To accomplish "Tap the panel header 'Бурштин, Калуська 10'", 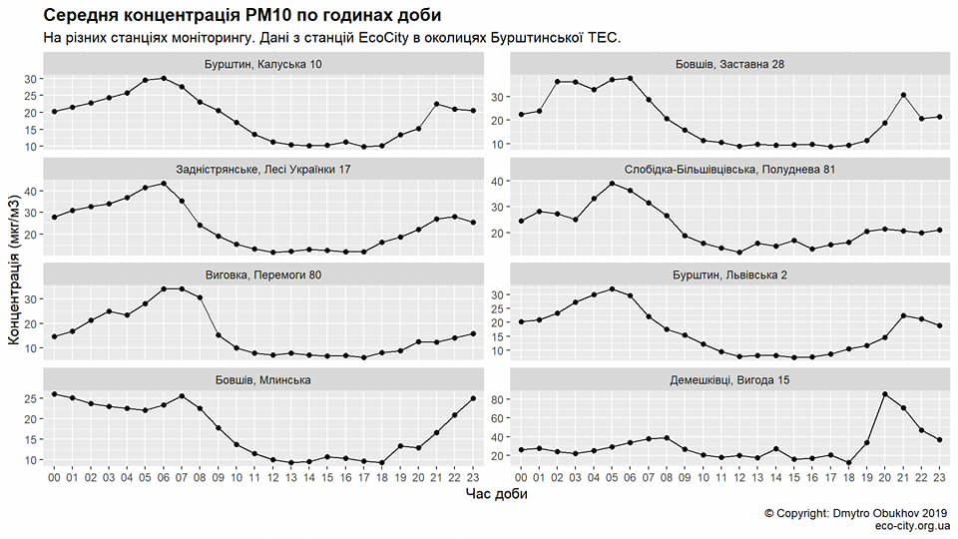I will click(262, 64).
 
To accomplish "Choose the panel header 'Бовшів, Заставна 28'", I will click(729, 64).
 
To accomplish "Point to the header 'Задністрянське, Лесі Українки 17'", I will click(262, 170).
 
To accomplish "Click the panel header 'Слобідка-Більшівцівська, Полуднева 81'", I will click(729, 170).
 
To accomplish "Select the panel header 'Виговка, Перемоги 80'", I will click(262, 274).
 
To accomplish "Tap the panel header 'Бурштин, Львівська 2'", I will click(729, 274).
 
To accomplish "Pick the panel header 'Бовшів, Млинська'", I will click(262, 379).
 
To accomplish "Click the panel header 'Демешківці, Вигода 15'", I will click(729, 379).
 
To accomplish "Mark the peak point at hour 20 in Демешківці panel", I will click(885, 394).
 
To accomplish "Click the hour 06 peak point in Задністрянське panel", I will click(164, 183).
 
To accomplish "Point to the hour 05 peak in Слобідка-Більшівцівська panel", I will click(612, 183).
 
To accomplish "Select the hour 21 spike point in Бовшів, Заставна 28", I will click(903, 95).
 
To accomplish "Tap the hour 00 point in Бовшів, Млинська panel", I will click(54, 394).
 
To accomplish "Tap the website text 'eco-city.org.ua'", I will click(911, 526).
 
